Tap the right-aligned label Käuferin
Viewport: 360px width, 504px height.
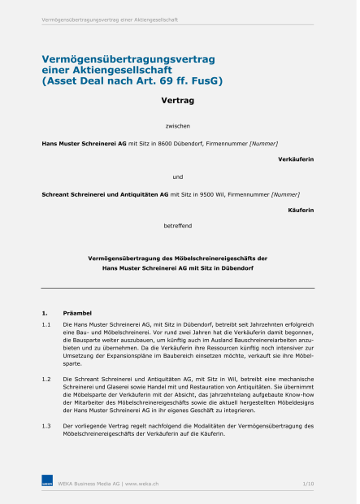(301, 210)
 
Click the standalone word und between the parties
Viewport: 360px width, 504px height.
(178, 176)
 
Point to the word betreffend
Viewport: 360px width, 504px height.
(178, 224)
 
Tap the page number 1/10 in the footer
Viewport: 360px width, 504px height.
(308, 484)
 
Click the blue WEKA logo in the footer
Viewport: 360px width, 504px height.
(47, 484)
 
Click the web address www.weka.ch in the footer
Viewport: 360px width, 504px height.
(142, 484)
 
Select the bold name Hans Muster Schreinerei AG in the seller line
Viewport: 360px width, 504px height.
(84, 143)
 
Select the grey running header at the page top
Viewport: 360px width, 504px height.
(110, 19)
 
